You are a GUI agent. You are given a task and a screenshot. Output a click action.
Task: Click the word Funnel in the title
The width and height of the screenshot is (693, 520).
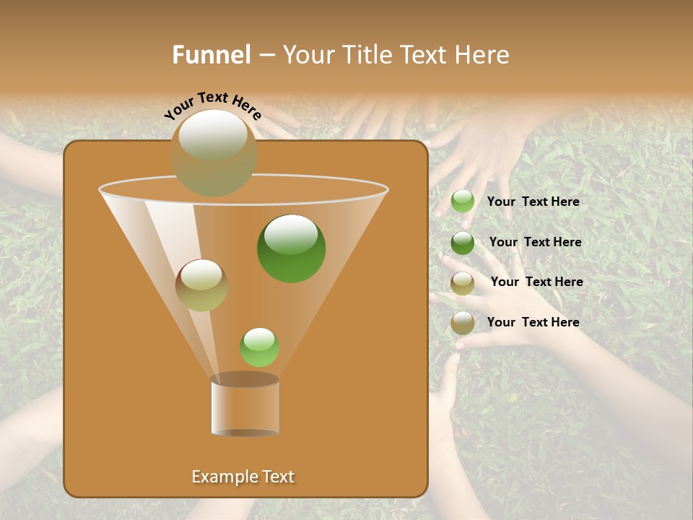[x=212, y=55]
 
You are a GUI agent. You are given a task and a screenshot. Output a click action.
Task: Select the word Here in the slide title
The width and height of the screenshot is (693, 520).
[x=482, y=55]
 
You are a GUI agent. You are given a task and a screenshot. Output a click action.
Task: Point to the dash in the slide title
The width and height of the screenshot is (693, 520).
[x=266, y=56]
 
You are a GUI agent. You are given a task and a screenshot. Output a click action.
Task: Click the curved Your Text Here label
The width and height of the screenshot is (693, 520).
[x=213, y=105]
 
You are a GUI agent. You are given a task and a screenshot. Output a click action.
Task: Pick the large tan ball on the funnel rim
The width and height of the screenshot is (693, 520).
[x=214, y=152]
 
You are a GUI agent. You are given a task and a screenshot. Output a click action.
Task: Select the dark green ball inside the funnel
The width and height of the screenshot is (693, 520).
[x=291, y=248]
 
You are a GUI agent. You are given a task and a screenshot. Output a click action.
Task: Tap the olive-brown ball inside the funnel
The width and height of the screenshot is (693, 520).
[x=201, y=285]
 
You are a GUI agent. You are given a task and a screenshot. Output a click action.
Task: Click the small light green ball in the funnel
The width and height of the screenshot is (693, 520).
[x=259, y=347]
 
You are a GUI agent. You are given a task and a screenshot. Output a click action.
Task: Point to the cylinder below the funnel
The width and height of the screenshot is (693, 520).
[x=245, y=405]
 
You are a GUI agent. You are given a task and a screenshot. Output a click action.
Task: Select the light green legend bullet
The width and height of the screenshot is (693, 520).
[x=463, y=201]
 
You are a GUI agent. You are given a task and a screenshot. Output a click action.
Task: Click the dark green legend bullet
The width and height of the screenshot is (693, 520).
[x=463, y=243]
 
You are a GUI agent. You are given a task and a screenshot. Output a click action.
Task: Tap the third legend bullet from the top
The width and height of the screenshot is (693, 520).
[x=463, y=283]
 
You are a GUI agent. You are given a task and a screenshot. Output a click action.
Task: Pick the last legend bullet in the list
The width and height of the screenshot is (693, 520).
[x=463, y=323]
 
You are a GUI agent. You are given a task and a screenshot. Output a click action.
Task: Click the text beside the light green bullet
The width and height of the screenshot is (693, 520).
[x=533, y=201]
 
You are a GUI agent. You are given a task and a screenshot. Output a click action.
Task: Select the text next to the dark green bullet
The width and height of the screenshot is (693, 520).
[x=535, y=242]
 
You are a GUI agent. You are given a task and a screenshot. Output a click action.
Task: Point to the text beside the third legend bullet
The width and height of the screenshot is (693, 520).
[x=536, y=282]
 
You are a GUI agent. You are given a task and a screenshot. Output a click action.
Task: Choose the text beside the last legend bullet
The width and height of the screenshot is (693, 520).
[x=533, y=322]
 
